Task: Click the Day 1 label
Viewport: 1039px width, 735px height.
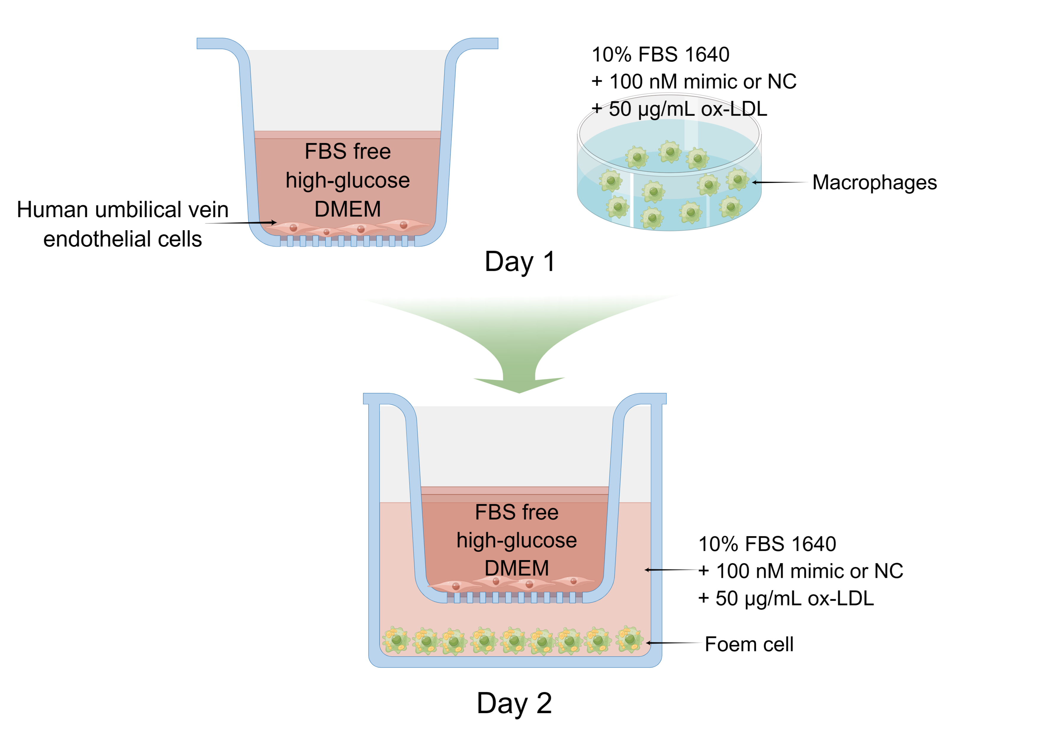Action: pyautogui.click(x=519, y=262)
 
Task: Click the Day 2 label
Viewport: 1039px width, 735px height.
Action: pyautogui.click(x=514, y=703)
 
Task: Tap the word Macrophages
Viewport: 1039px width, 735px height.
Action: pyautogui.click(x=874, y=182)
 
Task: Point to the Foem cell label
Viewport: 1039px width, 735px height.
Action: pyautogui.click(x=749, y=644)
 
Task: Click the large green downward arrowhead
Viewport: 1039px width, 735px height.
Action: pyautogui.click(x=519, y=384)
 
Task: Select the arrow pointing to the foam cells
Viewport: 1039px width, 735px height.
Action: pyautogui.click(x=673, y=643)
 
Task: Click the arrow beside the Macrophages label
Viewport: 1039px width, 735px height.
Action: pyautogui.click(x=779, y=182)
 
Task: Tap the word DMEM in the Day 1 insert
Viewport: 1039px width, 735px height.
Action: pyautogui.click(x=348, y=209)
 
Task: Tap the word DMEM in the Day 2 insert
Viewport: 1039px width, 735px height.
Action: pyautogui.click(x=517, y=568)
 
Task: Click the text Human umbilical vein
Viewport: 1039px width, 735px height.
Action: pyautogui.click(x=123, y=210)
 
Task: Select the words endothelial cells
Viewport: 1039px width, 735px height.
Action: pyautogui.click(x=123, y=239)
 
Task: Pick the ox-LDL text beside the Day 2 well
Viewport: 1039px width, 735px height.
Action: pyautogui.click(x=840, y=598)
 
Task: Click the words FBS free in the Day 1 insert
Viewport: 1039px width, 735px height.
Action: pyautogui.click(x=348, y=151)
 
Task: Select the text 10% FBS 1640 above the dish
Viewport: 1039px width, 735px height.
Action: pyautogui.click(x=660, y=54)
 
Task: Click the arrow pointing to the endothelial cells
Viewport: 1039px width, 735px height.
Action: pyautogui.click(x=241, y=223)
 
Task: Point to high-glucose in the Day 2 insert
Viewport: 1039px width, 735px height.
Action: pyautogui.click(x=517, y=540)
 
